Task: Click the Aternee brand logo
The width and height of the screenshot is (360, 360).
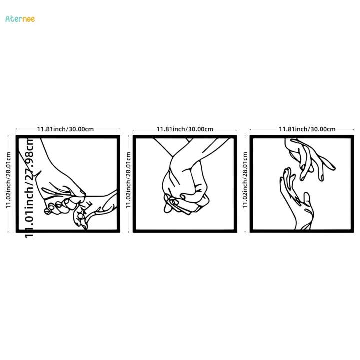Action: point(20,19)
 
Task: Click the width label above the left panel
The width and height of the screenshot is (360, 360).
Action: point(65,129)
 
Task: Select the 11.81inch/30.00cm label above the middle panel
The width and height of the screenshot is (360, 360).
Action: point(185,129)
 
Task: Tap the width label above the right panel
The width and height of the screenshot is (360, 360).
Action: point(307,129)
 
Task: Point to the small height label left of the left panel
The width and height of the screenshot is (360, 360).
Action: point(9,183)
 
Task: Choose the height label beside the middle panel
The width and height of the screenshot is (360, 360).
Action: point(128,183)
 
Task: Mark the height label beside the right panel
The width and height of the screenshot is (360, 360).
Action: point(245,183)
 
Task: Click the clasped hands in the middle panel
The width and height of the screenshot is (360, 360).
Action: point(185,187)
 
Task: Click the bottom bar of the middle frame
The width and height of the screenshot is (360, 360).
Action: point(185,230)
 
